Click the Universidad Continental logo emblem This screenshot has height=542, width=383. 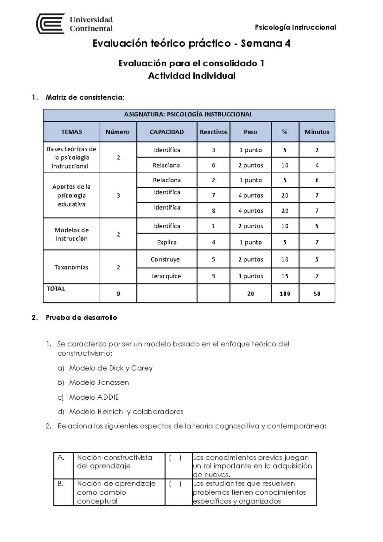pos(50,24)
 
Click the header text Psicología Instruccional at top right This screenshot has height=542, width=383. pos(295,27)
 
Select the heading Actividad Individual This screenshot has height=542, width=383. pos(191,76)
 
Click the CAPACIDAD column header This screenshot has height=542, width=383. pos(167,132)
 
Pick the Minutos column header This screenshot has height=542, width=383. pos(317,132)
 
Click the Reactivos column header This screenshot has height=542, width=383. pos(214,132)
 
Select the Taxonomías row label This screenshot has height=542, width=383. pos(71,267)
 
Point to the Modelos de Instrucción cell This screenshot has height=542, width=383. pos(71,234)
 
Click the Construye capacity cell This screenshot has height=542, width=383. pos(165,259)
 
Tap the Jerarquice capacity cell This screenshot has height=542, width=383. pos(166,276)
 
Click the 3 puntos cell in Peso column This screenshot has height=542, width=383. pos(251,276)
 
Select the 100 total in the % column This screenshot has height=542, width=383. pos(285,294)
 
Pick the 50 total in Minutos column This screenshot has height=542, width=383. pos(317,294)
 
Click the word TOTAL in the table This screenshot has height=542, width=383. pos(56,289)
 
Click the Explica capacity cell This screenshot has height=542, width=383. pos(167,242)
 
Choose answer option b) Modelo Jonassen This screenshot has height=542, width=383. pos(99,382)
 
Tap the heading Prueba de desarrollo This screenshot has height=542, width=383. pos(81,318)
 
